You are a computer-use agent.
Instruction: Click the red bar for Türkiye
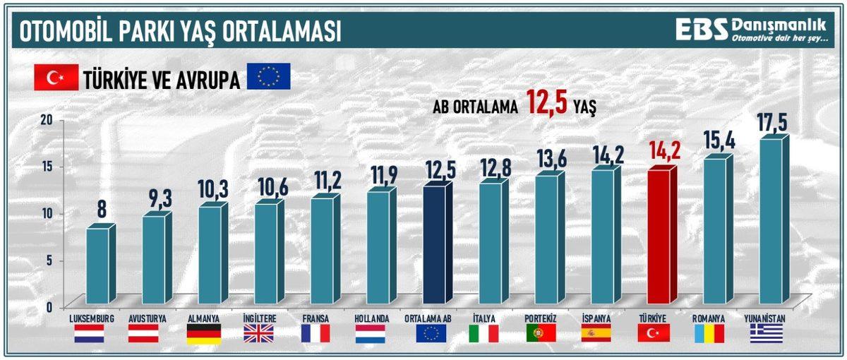coord(659,236)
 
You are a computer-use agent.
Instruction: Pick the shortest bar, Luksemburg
coord(97,265)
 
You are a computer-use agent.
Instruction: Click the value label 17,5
coord(771,121)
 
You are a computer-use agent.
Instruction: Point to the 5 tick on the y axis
coord(49,260)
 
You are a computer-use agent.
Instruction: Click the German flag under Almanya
coord(203,334)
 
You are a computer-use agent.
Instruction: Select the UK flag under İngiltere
coord(258,334)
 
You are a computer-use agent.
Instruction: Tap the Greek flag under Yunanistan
coord(766,334)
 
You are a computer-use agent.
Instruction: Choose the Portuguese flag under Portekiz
coord(541,334)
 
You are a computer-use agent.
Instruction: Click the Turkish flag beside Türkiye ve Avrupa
coord(56,78)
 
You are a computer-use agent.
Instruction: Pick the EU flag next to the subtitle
coord(268,77)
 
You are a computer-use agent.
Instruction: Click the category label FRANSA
coord(315,318)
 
